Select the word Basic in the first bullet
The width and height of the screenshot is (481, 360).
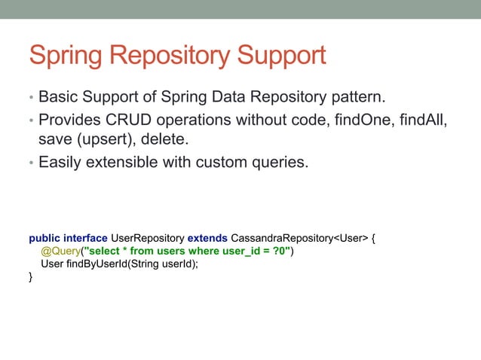60,98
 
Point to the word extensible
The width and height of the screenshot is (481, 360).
132,162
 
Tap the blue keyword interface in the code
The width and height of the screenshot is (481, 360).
86,239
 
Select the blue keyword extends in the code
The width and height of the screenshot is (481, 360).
207,239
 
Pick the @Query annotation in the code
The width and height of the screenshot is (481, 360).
60,252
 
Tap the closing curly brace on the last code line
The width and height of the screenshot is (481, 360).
31,276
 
